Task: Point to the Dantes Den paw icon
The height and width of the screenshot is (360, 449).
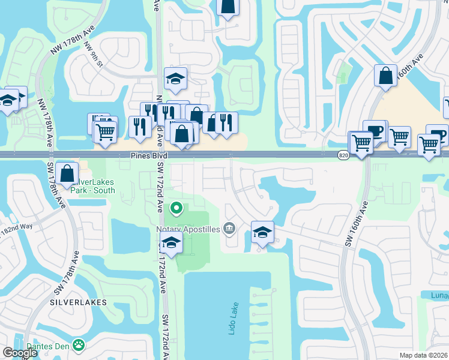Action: tap(78, 344)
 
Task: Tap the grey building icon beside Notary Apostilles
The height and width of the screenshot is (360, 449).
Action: tap(229, 228)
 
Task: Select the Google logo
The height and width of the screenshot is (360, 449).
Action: tap(20, 353)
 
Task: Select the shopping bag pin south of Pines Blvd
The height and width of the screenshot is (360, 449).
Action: tap(68, 173)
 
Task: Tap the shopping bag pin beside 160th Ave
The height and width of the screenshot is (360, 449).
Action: tap(385, 75)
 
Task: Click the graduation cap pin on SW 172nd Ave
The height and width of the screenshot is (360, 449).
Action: tap(172, 242)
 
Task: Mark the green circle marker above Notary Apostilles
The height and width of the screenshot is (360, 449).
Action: tap(176, 209)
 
